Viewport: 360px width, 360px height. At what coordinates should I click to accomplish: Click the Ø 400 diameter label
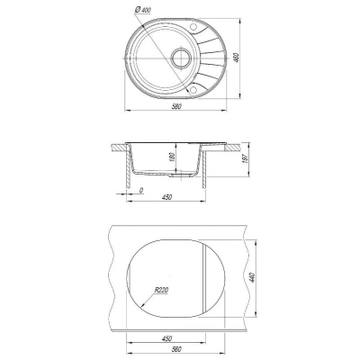click(143, 10)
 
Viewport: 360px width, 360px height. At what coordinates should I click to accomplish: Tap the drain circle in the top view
click(181, 58)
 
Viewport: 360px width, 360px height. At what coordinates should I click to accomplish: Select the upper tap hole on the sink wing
click(193, 27)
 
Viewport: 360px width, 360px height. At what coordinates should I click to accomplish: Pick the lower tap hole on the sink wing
click(193, 89)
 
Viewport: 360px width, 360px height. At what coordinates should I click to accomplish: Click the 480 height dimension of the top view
click(236, 58)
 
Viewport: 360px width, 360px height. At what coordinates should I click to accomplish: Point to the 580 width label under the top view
click(177, 106)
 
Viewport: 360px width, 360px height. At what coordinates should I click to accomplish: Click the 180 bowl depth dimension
click(172, 157)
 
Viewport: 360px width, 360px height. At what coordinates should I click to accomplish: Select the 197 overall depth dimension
click(244, 158)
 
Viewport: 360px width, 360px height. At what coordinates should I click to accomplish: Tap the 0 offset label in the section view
click(141, 190)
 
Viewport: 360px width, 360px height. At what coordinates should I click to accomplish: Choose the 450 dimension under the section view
click(166, 197)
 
